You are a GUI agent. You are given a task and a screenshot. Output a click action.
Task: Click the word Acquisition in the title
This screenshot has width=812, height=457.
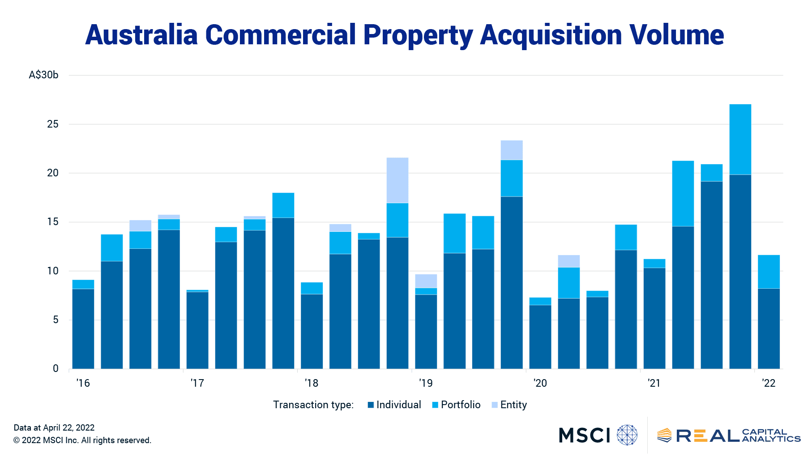(551, 35)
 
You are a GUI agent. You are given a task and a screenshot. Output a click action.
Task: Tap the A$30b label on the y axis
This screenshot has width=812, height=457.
(43, 75)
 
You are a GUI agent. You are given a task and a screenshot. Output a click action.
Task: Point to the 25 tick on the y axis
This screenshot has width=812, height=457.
(52, 124)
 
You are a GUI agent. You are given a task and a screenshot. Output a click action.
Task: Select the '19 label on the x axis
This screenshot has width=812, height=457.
(426, 383)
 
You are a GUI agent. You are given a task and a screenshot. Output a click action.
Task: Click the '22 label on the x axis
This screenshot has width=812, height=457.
(769, 383)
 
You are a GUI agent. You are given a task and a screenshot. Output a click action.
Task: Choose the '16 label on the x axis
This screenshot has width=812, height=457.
(83, 383)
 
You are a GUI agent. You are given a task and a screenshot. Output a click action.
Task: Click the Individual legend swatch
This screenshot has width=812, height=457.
(371, 405)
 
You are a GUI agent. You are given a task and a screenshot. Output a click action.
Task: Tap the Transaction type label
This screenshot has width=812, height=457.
(313, 405)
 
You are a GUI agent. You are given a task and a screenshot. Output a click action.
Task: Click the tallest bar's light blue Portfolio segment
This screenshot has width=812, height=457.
(740, 139)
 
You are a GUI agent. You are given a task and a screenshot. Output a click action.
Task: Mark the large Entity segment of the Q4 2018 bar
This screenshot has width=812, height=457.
(397, 180)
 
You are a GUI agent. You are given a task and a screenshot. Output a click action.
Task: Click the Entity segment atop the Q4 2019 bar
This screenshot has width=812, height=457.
(512, 150)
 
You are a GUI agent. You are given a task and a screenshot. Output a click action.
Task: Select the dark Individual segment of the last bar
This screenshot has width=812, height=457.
(769, 329)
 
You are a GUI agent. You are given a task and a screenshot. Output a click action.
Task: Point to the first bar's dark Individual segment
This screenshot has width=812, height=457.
(83, 329)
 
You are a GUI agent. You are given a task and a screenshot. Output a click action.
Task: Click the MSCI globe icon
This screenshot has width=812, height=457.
(627, 435)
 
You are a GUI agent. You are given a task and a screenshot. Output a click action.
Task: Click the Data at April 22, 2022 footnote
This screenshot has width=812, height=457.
(54, 427)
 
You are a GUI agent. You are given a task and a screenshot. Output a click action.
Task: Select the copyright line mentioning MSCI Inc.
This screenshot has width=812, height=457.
(82, 440)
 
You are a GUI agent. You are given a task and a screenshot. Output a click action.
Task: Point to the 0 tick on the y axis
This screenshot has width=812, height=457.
(56, 368)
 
